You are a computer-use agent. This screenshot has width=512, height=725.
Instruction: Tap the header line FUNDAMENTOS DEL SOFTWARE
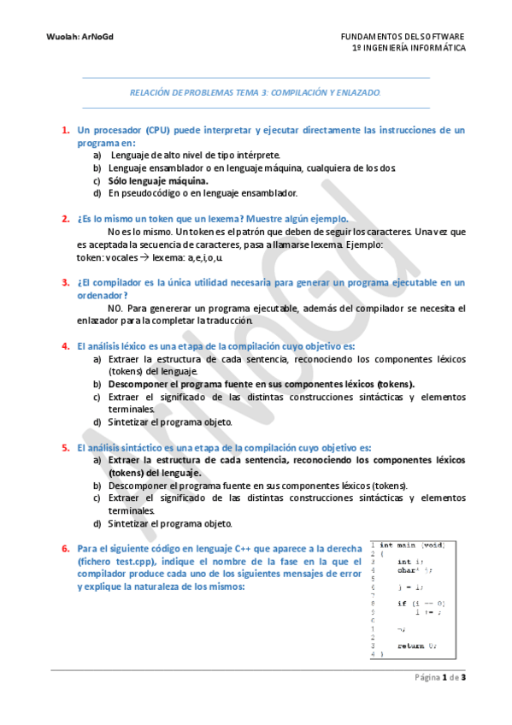click(403, 37)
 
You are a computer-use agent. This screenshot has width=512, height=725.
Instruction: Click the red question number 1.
click(65, 131)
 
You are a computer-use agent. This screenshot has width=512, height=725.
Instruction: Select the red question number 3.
click(65, 282)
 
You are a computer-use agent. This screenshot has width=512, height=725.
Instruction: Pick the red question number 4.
click(65, 346)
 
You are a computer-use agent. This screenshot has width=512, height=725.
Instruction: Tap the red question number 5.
click(65, 447)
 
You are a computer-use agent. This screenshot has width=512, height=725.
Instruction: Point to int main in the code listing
click(397, 545)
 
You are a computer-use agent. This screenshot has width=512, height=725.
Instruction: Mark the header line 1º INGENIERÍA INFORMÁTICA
click(409, 49)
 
